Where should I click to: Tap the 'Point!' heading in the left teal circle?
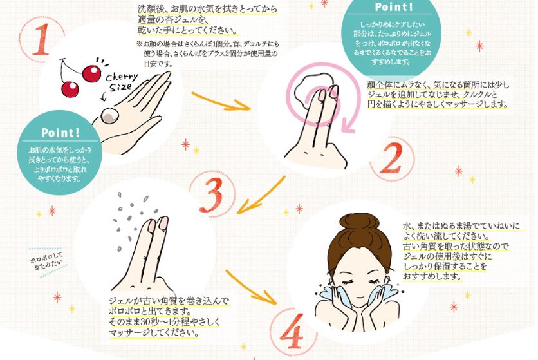pos(60,132)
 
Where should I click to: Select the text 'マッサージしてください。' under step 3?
pos(153,333)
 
